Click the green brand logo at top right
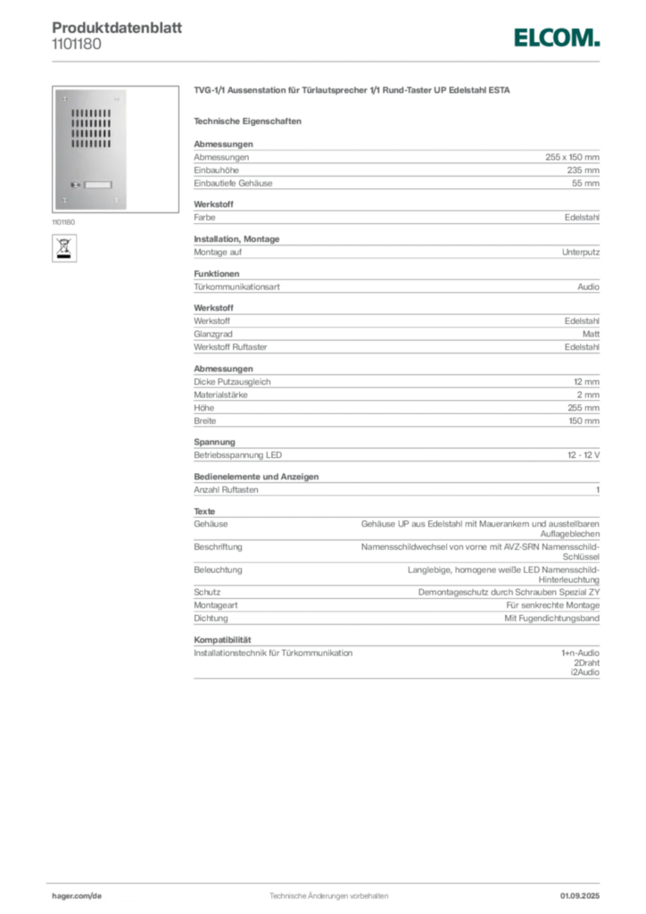556,37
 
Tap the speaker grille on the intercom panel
91,129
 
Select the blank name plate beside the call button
99,186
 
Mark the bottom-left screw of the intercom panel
64,201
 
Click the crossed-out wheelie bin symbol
64,243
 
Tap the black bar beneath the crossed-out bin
64,257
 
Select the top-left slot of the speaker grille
73,112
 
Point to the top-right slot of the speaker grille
109,112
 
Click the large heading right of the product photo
352,91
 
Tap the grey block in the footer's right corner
585,890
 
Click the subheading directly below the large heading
250,120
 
